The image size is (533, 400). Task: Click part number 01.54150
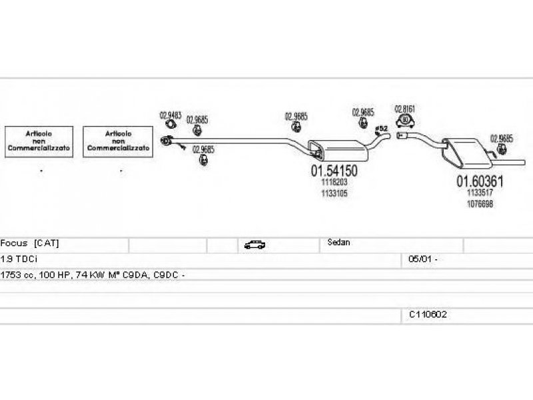(334, 171)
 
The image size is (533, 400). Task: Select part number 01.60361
(479, 180)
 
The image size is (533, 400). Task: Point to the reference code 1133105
(334, 193)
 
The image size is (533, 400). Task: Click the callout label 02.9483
(170, 115)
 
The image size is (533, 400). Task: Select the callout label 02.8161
(405, 108)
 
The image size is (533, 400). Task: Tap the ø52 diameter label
(382, 127)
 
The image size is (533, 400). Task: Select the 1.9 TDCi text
(18, 258)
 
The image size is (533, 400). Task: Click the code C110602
(428, 313)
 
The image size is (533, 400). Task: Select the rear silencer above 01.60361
(466, 150)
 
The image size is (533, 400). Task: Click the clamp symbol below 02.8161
(404, 121)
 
